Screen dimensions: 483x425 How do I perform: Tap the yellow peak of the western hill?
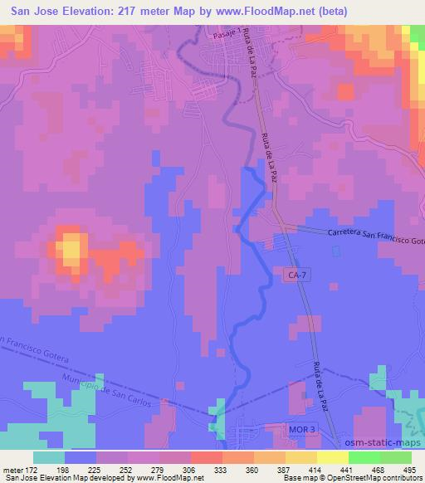(72, 246)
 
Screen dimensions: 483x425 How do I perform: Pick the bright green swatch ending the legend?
(395, 456)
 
